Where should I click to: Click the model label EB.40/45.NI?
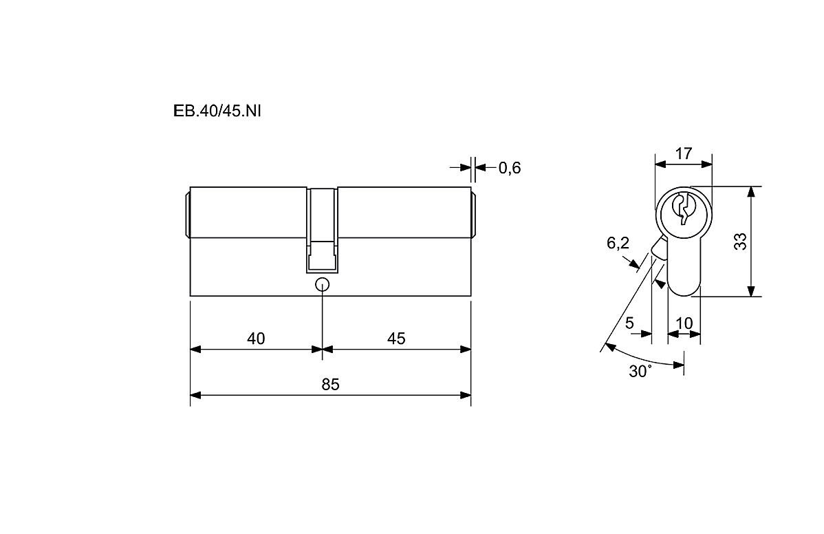click(x=217, y=111)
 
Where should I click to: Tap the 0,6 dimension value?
click(x=509, y=168)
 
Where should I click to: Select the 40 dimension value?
click(x=256, y=339)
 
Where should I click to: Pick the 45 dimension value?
click(x=396, y=339)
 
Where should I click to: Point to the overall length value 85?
click(x=331, y=385)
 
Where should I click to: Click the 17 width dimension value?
click(x=684, y=153)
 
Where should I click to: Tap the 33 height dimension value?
click(x=740, y=242)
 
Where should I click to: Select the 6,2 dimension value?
click(x=618, y=243)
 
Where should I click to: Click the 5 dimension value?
click(x=629, y=323)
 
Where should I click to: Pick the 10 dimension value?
click(x=684, y=323)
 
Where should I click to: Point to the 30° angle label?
click(x=640, y=371)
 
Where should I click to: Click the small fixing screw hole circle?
click(x=322, y=285)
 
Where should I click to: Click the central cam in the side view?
click(x=322, y=231)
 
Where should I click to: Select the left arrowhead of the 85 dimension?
click(x=195, y=395)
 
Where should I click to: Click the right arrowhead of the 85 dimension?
click(x=466, y=395)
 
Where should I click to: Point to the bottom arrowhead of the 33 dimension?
click(x=752, y=291)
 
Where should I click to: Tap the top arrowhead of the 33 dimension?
click(x=752, y=192)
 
